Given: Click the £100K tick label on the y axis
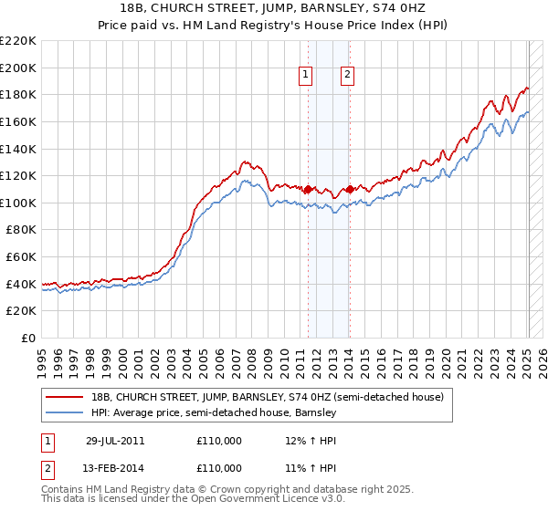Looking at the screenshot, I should click(x=18, y=203).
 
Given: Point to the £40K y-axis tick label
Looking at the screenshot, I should click(x=21, y=284).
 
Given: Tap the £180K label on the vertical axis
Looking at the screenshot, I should click(x=18, y=94).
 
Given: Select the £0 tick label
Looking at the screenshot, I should click(x=27, y=339).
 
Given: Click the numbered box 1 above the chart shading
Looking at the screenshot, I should click(x=304, y=76).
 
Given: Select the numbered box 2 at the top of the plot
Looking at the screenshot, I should click(x=348, y=76).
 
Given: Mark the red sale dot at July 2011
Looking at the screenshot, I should click(x=309, y=190).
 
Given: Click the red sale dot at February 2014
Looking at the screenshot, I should click(x=350, y=190).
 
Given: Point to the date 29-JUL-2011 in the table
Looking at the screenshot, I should click(x=116, y=441).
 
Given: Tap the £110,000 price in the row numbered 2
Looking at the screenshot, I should click(x=219, y=467).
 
